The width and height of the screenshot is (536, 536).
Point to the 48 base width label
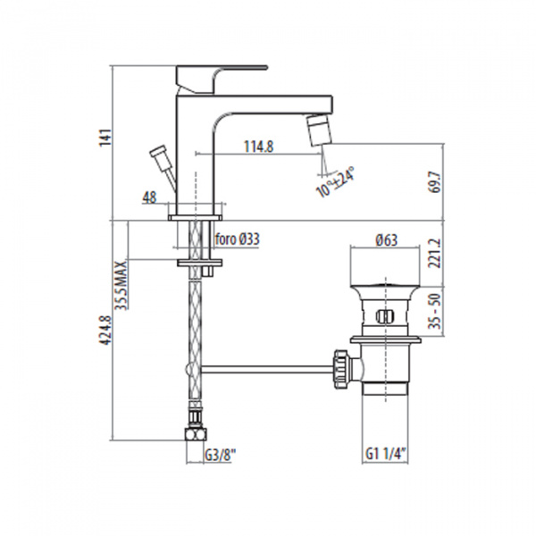pos(149,197)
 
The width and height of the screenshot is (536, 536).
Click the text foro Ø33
pos(238,239)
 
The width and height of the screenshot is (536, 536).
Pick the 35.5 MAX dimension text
pos(121,284)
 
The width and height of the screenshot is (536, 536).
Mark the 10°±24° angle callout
pos(336,180)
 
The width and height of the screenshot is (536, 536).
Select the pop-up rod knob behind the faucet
pos(162,160)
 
